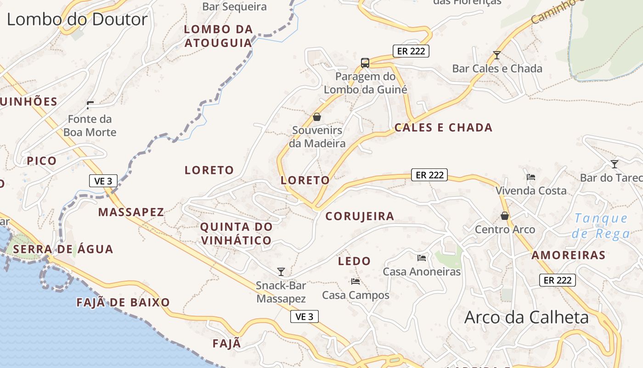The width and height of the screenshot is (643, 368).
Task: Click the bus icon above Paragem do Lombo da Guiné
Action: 365,63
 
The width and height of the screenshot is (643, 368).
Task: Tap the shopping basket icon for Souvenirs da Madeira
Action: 316,117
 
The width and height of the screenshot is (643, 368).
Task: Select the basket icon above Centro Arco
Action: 505,215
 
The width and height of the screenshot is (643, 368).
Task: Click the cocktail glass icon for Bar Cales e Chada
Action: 496,55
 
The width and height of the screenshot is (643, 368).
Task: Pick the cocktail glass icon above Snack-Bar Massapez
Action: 281,272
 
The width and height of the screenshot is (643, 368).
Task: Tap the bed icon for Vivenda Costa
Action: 531,177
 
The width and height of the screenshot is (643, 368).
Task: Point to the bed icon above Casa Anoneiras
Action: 422,258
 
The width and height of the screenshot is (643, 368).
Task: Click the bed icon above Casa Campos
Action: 355,281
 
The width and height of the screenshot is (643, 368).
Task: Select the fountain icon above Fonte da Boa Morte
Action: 90,105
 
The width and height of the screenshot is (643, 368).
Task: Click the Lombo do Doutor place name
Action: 77,19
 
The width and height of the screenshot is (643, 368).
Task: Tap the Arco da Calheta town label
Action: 526,317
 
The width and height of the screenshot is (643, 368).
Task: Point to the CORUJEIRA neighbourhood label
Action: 360,216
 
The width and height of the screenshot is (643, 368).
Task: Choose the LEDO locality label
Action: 354,261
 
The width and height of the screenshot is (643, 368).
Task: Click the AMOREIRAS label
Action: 568,255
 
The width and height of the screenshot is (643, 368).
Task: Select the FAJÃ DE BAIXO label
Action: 123,303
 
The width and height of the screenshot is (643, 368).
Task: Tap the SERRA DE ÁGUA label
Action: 63,249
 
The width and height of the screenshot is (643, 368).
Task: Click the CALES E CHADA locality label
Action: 443,128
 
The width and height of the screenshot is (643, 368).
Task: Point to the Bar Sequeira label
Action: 234,7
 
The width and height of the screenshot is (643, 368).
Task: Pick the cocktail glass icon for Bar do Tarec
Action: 614,164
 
